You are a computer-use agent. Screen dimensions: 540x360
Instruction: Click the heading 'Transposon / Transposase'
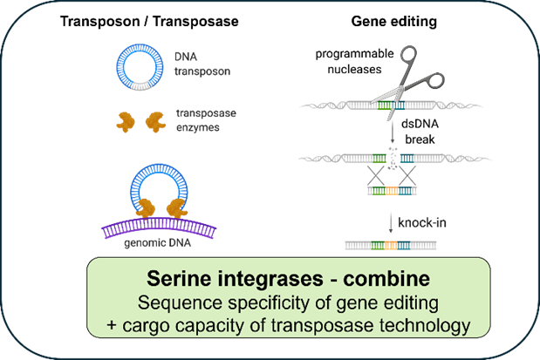click(x=149, y=21)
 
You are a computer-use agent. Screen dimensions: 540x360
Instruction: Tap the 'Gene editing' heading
click(x=394, y=21)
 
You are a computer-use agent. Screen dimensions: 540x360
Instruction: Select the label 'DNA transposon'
click(x=202, y=64)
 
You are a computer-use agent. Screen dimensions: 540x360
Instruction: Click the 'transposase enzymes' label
click(x=206, y=120)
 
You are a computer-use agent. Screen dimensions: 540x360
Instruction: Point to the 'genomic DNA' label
click(x=157, y=243)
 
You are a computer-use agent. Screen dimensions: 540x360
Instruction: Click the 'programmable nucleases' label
click(x=354, y=61)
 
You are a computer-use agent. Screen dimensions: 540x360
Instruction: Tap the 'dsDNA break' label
click(x=420, y=132)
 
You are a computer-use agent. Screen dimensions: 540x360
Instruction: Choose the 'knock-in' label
click(x=422, y=222)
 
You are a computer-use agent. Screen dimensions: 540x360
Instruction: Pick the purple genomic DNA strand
click(x=159, y=226)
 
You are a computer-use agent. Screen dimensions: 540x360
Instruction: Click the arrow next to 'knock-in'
click(x=391, y=223)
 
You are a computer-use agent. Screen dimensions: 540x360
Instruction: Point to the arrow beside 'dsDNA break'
click(x=393, y=132)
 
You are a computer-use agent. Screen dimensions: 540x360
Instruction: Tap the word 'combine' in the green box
click(x=386, y=278)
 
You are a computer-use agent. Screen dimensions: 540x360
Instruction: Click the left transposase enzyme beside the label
click(x=126, y=122)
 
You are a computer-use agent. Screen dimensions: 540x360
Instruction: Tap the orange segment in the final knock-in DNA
click(x=391, y=246)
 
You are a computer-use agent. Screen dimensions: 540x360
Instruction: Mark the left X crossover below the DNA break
click(x=375, y=175)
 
